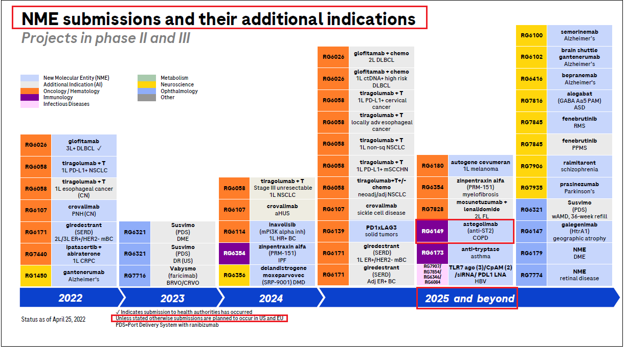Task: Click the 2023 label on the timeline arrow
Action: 172,298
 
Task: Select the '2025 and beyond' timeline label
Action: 469,298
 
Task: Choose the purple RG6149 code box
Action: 433,231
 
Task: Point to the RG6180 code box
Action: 433,166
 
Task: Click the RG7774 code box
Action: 531,275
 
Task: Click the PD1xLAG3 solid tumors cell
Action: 382,231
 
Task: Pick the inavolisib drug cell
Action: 282,231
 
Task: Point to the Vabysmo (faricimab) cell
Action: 183,276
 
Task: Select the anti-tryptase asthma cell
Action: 480,253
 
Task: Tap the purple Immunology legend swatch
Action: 30,97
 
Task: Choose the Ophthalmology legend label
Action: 179,91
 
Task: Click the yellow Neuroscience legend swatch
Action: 146,84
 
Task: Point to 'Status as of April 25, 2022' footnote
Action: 53,319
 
